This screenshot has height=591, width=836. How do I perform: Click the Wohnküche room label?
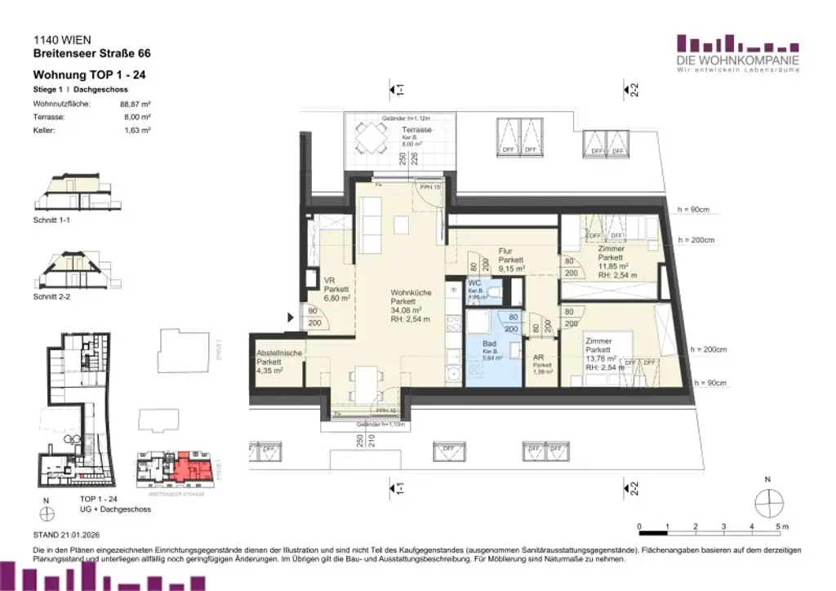pyautogui.click(x=405, y=292)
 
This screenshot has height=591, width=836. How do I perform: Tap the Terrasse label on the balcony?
pyautogui.click(x=416, y=131)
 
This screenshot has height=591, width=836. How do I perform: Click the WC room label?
pyautogui.click(x=474, y=283)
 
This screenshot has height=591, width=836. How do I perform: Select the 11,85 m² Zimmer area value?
pyautogui.click(x=613, y=265)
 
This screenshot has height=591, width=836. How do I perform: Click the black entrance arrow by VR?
pyautogui.click(x=290, y=319)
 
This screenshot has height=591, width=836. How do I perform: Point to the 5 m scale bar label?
pyautogui.click(x=781, y=527)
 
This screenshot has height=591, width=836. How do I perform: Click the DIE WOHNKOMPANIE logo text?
pyautogui.click(x=738, y=60)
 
